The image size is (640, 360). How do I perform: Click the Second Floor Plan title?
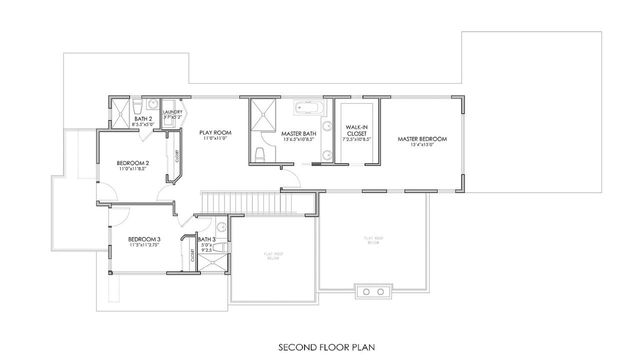point(320,350)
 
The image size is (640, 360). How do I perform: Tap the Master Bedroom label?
point(421,139)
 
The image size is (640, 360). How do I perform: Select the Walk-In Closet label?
point(356,130)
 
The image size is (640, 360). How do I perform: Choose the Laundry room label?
point(173,113)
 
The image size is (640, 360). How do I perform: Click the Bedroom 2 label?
point(132,163)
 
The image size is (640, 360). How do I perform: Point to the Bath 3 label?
point(206,240)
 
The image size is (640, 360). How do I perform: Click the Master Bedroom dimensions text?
point(421,146)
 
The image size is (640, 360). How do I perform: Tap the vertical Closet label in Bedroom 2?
point(178,157)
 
